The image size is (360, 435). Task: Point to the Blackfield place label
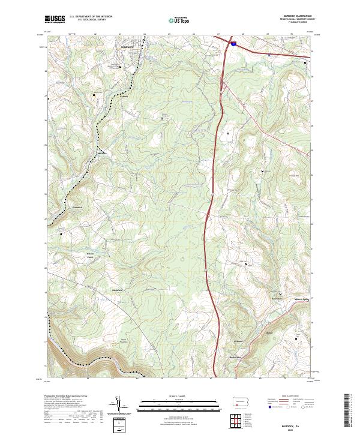tap(118, 290)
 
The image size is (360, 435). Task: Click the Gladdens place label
tap(269, 332)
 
